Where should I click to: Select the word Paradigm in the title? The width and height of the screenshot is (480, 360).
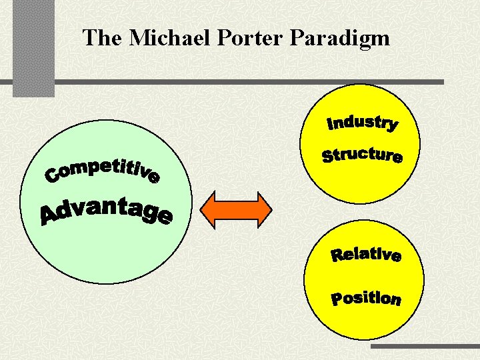(x=340, y=39)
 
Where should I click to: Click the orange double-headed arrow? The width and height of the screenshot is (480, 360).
(x=237, y=209)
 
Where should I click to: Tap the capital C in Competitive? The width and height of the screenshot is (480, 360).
(x=53, y=176)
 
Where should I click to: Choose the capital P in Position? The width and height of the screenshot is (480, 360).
(x=339, y=299)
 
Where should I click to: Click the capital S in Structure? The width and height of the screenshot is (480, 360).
(x=329, y=157)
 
